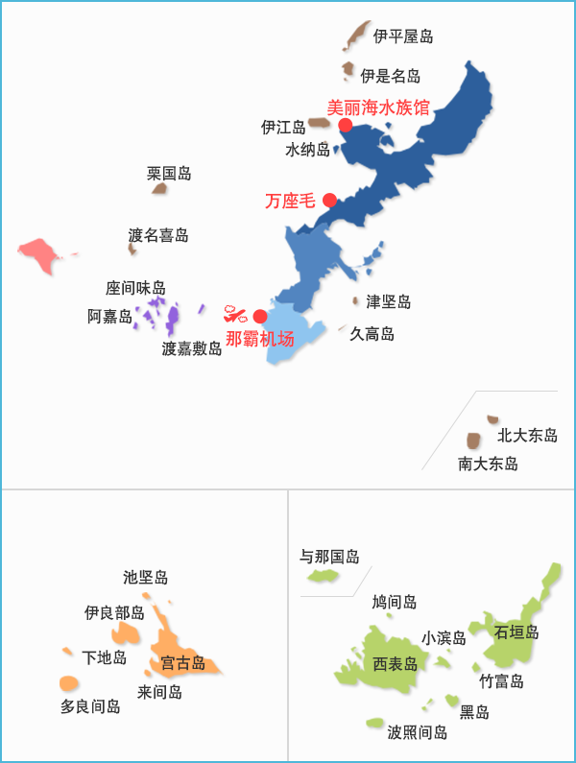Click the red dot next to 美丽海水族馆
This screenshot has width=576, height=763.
tap(346, 125)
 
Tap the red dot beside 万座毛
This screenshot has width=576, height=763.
tap(329, 201)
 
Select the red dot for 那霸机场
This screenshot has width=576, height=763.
tap(259, 317)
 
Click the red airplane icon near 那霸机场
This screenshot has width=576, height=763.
tap(235, 313)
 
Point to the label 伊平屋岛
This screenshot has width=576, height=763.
tap(403, 36)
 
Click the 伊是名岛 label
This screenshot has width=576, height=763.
tap(391, 76)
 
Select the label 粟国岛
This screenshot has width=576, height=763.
tap(169, 174)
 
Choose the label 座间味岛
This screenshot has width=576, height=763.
tap(135, 288)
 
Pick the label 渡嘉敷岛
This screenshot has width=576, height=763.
tap(192, 349)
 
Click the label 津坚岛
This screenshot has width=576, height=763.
tap(389, 302)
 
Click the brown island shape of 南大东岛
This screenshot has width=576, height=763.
tap(473, 441)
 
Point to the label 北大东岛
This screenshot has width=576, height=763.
tap(527, 436)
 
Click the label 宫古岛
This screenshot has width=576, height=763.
tap(182, 663)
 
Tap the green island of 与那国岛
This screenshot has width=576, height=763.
tap(322, 577)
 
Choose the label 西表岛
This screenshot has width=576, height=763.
tap(396, 664)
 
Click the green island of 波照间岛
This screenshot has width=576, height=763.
tap(374, 723)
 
